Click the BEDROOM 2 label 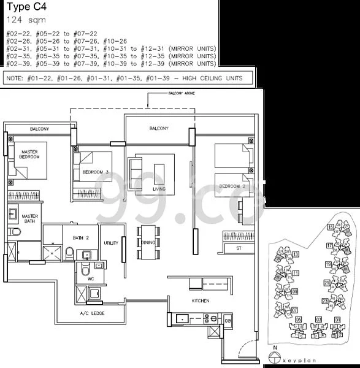233,186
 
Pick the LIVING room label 159,189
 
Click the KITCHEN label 200,301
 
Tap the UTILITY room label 111,244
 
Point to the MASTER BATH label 30,219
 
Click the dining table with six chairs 147,237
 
